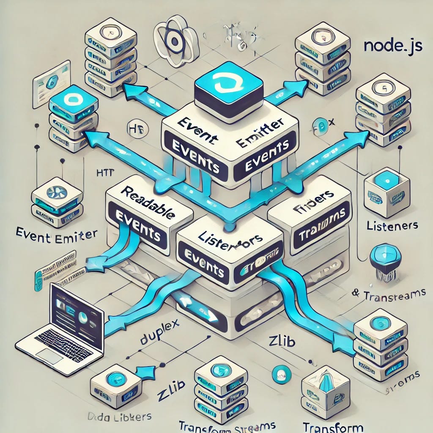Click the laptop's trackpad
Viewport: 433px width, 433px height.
tap(50, 356)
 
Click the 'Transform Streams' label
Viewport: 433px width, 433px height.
tap(227, 425)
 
